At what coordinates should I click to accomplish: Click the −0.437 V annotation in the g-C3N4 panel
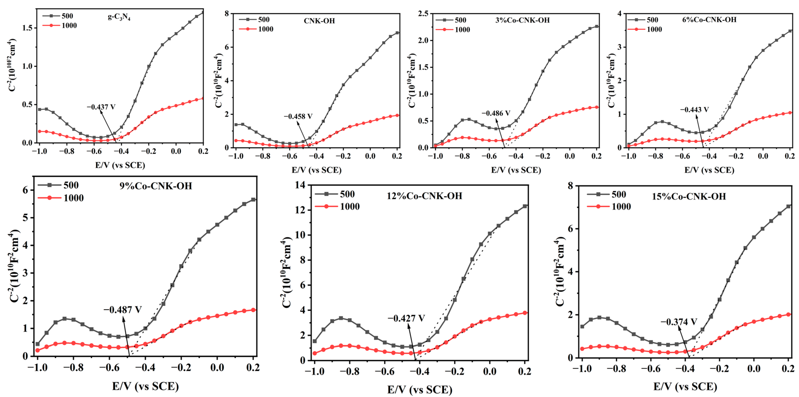pos(101,107)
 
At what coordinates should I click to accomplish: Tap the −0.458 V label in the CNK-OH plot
pos(298,116)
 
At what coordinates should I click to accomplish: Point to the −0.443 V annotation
pos(694,110)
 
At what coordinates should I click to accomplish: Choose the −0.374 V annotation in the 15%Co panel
pos(679,322)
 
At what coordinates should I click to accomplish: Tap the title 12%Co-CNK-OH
pos(424,196)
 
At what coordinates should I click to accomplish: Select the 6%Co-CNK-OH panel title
pos(709,20)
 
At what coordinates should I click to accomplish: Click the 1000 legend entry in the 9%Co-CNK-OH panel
pos(73,198)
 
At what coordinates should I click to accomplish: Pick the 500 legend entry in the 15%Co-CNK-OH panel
pos(618,195)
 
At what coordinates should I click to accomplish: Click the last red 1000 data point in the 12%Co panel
pos(525,313)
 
